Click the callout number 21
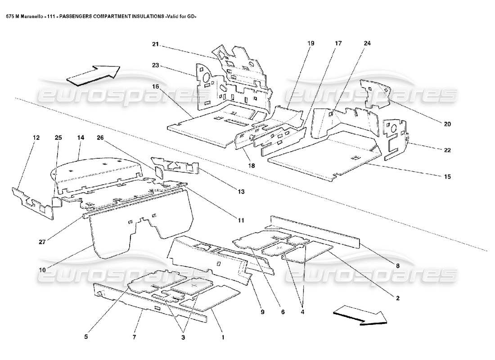pos(156,44)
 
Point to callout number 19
pos(310,43)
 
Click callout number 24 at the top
pos(368,43)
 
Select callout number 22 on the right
pos(447,150)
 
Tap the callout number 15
pos(447,176)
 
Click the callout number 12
pos(36,137)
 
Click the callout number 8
pos(397,265)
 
